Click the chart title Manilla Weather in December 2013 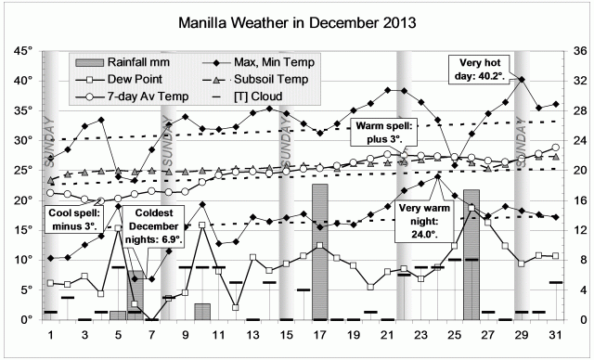[x=297, y=19]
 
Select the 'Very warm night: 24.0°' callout [x=425, y=222]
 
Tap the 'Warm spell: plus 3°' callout [x=384, y=131]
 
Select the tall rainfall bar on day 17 [x=319, y=251]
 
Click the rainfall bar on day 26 [x=471, y=254]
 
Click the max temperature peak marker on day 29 [x=523, y=80]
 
